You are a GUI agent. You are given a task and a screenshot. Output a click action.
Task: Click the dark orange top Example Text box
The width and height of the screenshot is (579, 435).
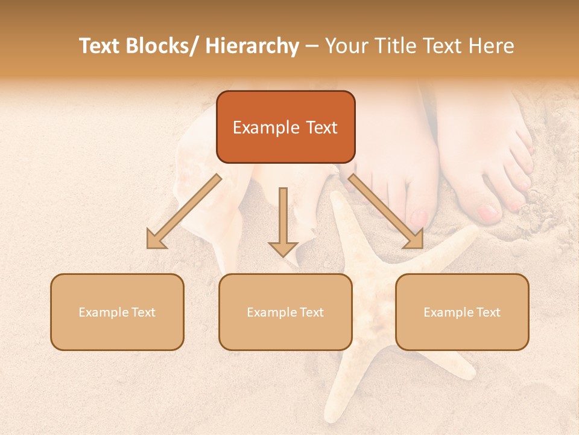(285, 127)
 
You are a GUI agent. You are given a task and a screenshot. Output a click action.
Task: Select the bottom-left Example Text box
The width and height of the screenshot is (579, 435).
(117, 312)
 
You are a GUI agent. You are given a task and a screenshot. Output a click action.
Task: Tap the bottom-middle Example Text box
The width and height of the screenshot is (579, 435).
(285, 312)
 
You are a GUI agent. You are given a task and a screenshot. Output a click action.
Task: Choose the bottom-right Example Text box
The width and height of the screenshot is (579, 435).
(462, 312)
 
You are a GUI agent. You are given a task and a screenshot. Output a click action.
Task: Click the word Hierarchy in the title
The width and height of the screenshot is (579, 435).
(252, 46)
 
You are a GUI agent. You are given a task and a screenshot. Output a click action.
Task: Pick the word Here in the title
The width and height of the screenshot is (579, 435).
(493, 46)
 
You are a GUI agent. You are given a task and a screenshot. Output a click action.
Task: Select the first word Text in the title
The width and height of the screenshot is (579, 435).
(100, 46)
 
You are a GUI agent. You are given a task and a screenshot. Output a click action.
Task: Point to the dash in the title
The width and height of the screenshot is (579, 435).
(312, 46)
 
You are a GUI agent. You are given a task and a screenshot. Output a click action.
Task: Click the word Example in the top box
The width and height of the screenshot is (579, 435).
(258, 127)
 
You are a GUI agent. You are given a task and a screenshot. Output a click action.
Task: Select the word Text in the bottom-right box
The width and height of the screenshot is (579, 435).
(489, 312)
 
